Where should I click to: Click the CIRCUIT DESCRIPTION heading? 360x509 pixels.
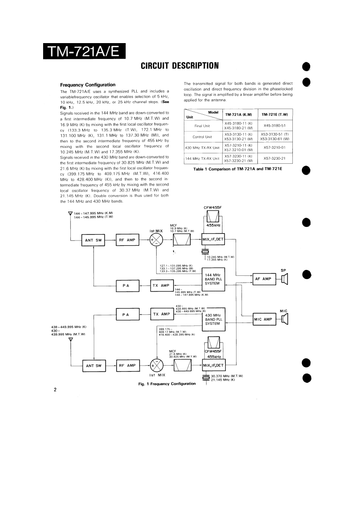coord(180,66)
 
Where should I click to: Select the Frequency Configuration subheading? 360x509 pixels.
coord(88,85)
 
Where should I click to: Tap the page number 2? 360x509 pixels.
coord(55,390)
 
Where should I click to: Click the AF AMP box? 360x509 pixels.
coord(263,279)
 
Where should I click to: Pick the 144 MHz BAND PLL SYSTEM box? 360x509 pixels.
coord(213,279)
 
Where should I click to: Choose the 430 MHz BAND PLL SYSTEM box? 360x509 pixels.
coord(213,319)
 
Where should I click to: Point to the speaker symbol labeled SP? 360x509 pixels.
coord(284,279)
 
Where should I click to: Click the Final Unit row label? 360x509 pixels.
coord(202,126)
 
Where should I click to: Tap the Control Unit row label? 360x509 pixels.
coord(202,137)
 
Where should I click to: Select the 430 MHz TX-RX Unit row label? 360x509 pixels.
coord(202,148)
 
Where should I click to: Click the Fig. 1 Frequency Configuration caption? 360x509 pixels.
coord(167,384)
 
